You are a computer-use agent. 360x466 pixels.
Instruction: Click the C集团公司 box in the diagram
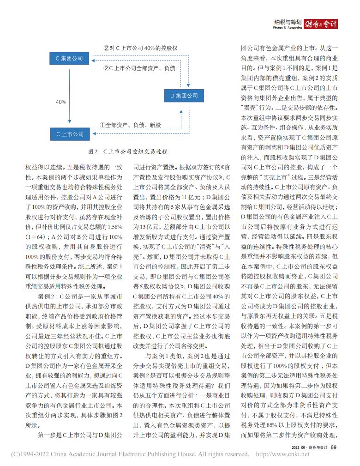click(x=69, y=58)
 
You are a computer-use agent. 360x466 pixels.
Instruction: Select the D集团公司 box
click(x=184, y=96)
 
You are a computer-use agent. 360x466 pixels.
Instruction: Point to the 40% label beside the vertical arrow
click(x=61, y=102)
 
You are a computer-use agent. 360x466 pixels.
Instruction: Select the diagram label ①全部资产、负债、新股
click(x=130, y=125)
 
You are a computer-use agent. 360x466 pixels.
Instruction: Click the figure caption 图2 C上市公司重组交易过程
click(x=127, y=151)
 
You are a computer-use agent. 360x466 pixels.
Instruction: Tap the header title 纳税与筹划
click(x=288, y=22)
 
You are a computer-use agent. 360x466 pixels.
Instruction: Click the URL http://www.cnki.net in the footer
click(x=282, y=454)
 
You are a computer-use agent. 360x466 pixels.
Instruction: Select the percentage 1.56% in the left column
click(x=114, y=226)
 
